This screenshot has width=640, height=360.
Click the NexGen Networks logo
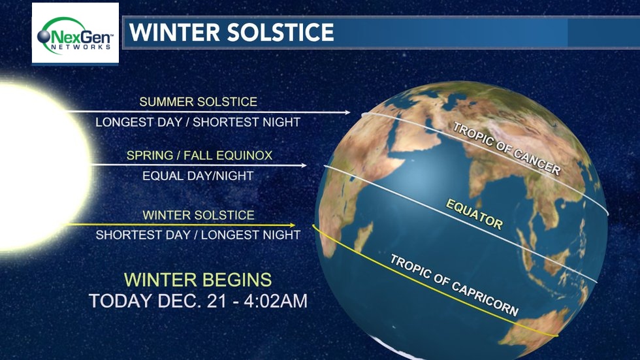tap(75, 33)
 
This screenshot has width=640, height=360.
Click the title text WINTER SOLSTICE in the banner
tap(232, 32)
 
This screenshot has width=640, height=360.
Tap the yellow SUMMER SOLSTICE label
tap(199, 102)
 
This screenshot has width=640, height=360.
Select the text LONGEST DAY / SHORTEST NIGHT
tap(198, 122)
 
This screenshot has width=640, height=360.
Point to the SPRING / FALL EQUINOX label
tap(199, 155)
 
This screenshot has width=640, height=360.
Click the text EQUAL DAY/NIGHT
tap(198, 176)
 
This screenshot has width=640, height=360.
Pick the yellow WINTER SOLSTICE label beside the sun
tap(199, 215)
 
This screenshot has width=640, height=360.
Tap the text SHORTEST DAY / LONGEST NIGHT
tap(198, 235)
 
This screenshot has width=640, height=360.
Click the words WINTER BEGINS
tap(198, 280)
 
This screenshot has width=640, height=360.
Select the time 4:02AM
tap(276, 301)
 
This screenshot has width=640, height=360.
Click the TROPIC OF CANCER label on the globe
tap(507, 149)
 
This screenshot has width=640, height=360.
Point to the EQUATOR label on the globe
tap(474, 214)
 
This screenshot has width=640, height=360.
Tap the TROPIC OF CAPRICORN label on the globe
tap(454, 285)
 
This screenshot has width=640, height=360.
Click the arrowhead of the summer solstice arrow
tap(347, 112)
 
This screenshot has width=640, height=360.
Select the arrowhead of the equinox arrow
tap(304, 165)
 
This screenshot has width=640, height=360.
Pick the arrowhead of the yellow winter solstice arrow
tap(293, 225)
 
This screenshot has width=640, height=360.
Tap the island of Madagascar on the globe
tap(363, 237)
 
